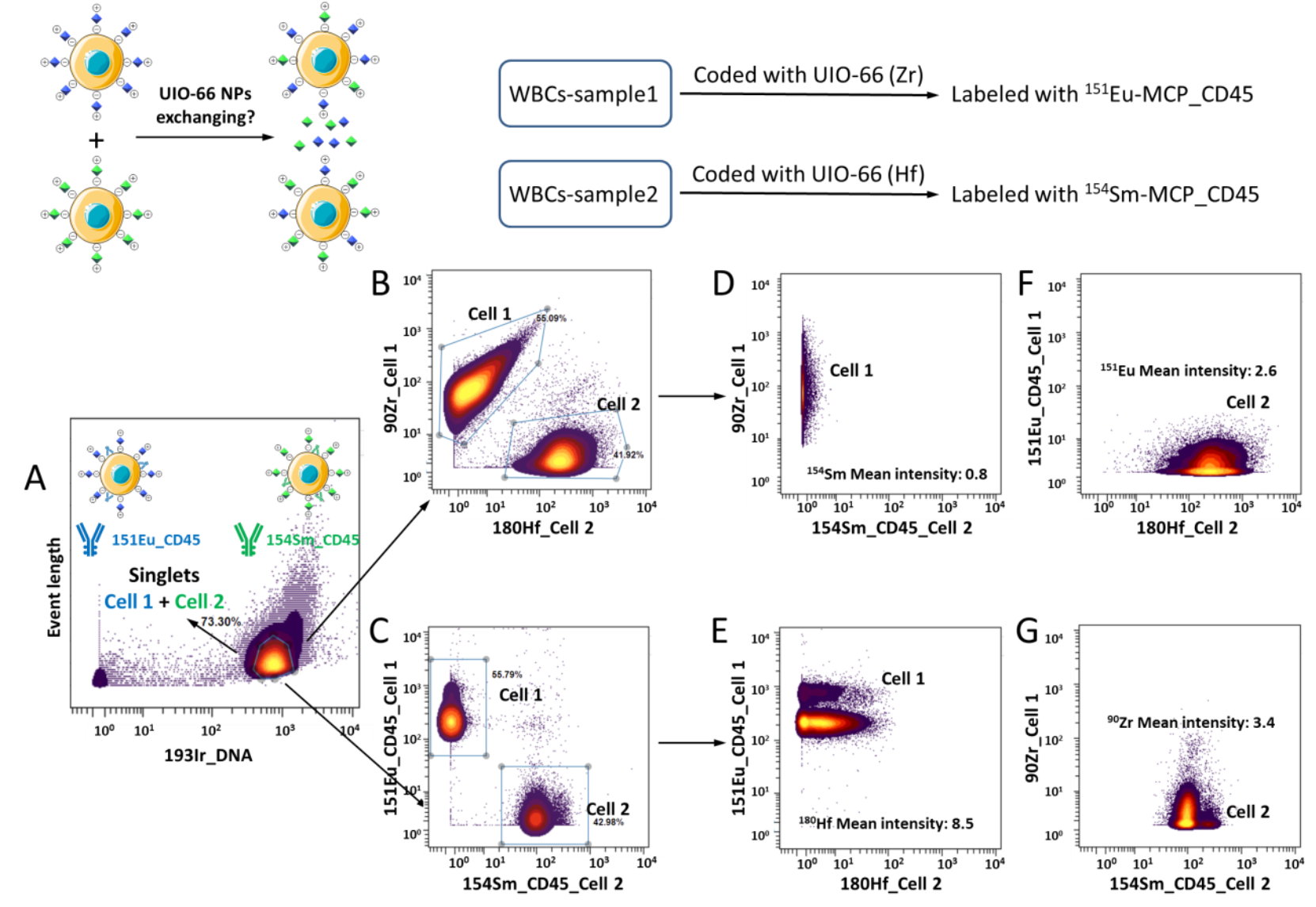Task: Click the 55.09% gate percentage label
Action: point(551,318)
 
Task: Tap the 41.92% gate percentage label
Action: point(628,455)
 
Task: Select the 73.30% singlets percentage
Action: point(220,622)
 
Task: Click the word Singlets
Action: point(164,575)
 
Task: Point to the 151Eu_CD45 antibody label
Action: point(155,540)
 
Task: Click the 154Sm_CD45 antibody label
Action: point(312,540)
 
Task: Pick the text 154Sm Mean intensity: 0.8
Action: point(896,474)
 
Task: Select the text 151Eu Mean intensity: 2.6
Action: point(1188,370)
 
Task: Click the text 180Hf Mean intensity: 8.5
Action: point(886,824)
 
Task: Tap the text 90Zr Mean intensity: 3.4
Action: point(1190,722)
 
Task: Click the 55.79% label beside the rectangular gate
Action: point(507,675)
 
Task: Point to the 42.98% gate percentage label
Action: point(608,822)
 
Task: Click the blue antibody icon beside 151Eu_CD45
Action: point(89,539)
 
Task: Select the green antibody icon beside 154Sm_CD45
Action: point(248,539)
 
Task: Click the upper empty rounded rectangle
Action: point(585,93)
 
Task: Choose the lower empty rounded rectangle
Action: point(585,194)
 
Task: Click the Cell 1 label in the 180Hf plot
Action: point(903,679)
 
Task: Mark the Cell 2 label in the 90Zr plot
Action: point(1247,812)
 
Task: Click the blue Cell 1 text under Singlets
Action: point(128,602)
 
